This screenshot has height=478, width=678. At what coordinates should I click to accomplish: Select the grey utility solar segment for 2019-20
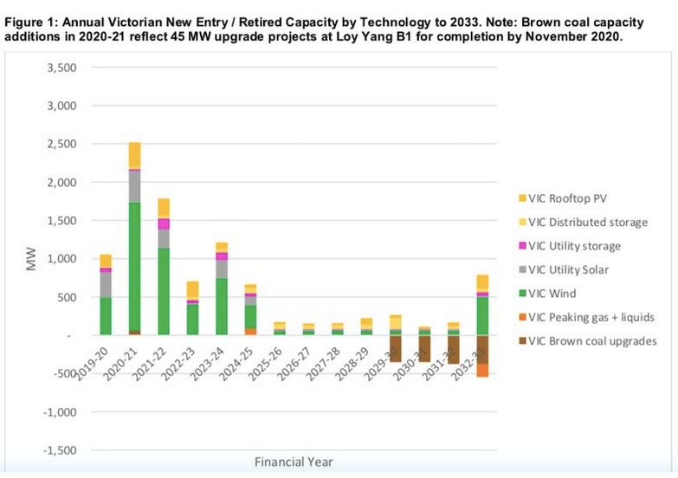coord(106,284)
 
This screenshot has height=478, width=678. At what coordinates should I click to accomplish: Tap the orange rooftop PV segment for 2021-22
coord(163,208)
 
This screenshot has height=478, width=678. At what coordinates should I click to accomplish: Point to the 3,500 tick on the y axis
coord(65,68)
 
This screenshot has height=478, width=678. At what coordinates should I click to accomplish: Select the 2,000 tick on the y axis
coord(65,183)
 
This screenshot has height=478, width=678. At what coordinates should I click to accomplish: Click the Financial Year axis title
coord(293,462)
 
